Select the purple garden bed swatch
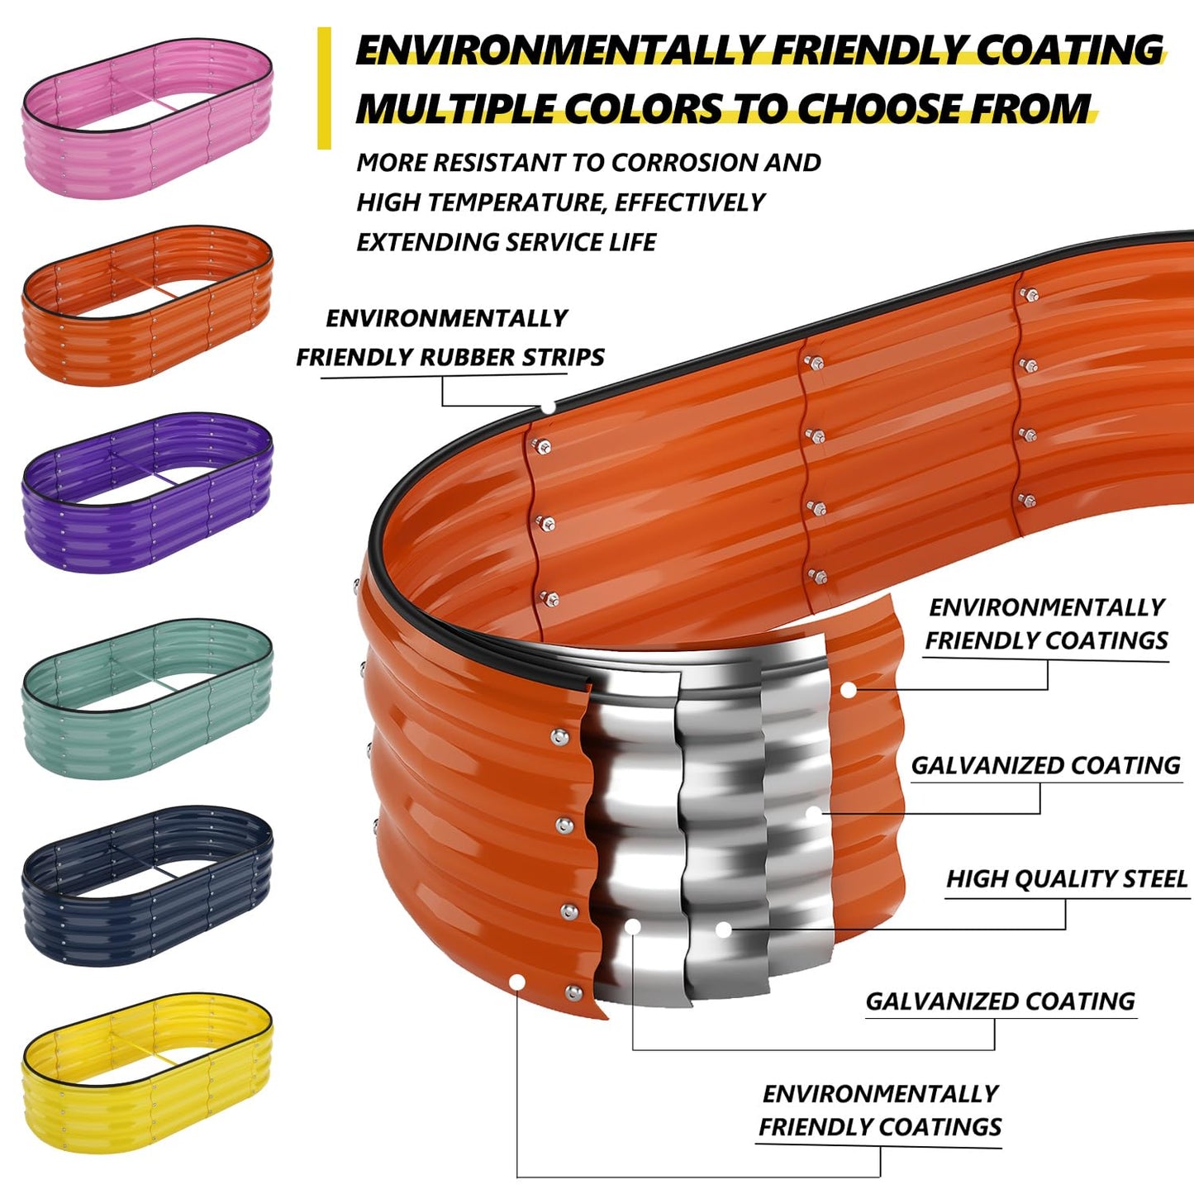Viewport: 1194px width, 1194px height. click(x=147, y=493)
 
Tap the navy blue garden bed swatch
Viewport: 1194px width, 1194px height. click(x=147, y=885)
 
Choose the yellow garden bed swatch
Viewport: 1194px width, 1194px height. click(x=147, y=1072)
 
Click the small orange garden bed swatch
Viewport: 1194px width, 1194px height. click(x=147, y=305)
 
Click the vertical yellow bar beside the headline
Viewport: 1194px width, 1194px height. click(x=324, y=88)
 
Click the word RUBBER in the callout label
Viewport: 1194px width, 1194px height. click(x=468, y=357)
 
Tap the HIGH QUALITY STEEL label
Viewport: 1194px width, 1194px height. click(x=1066, y=878)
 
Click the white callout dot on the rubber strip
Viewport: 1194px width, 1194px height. click(x=548, y=407)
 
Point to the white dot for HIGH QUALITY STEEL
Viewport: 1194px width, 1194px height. click(x=723, y=930)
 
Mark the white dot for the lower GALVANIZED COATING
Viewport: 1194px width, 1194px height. click(x=633, y=927)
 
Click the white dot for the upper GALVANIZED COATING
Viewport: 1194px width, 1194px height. click(x=814, y=814)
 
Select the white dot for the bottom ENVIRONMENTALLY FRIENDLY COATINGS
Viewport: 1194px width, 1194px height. click(x=517, y=982)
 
